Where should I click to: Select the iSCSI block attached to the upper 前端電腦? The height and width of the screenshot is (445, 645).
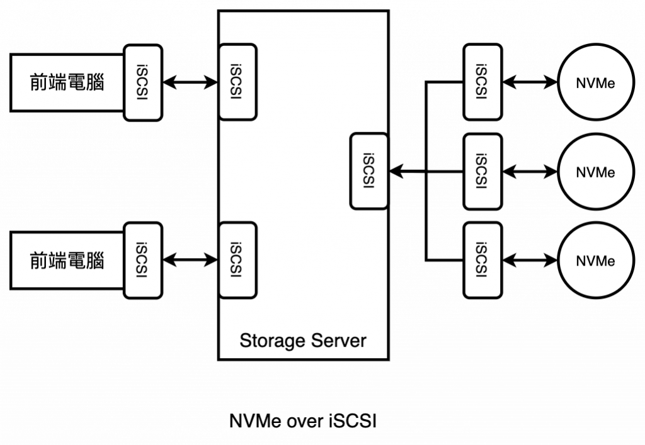tap(144, 82)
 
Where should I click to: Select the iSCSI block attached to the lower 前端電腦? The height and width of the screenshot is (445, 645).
tap(144, 261)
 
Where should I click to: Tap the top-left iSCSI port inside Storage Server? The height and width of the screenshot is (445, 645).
tap(237, 82)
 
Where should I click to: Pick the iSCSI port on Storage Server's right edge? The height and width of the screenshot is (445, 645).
tap(368, 171)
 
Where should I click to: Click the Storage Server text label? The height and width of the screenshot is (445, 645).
tap(302, 341)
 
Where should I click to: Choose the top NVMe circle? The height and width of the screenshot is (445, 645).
tap(595, 82)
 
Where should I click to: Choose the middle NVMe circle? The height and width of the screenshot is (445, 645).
tap(595, 171)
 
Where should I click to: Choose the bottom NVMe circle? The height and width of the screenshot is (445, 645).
tap(595, 260)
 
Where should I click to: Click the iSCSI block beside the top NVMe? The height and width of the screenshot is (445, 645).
tap(482, 82)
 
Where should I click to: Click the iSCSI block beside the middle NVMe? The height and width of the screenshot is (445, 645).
tap(482, 171)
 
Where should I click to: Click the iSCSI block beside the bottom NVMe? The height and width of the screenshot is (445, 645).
tap(482, 260)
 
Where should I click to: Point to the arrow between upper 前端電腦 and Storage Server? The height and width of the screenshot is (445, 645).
tap(190, 82)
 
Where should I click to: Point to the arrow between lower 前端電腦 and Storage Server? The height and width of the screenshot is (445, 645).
tap(190, 260)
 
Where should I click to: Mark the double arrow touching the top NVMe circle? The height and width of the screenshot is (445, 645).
tap(531, 82)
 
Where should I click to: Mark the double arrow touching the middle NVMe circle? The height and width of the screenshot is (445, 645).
tap(531, 171)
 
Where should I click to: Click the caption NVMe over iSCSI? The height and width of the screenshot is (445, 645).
tap(304, 422)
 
